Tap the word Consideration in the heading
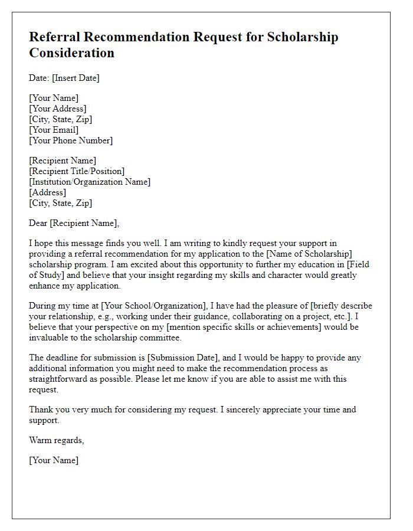tap(71, 53)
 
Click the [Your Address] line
tap(57, 109)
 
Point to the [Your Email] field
tap(54, 130)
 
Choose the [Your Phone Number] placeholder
tap(71, 140)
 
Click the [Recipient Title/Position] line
tap(77, 171)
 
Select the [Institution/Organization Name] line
tap(90, 182)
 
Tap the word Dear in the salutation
tap(39, 223)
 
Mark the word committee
tap(167, 337)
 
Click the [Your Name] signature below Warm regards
tap(54, 460)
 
